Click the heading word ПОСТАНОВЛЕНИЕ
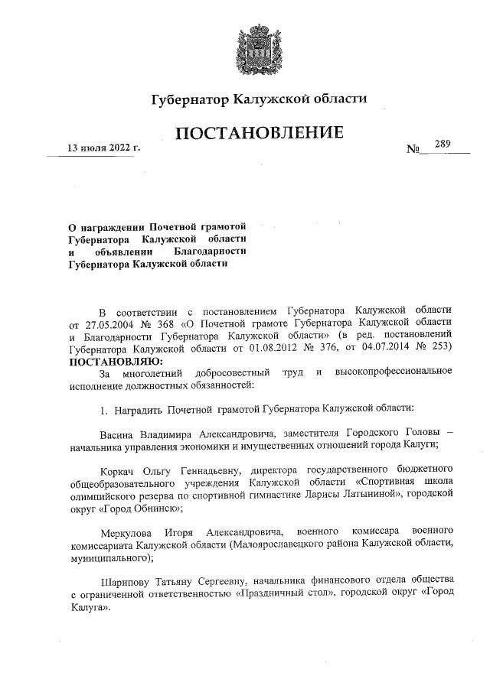pyautogui.click(x=258, y=135)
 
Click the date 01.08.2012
pyautogui.click(x=293, y=349)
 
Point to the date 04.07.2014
pyautogui.click(x=407, y=349)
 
